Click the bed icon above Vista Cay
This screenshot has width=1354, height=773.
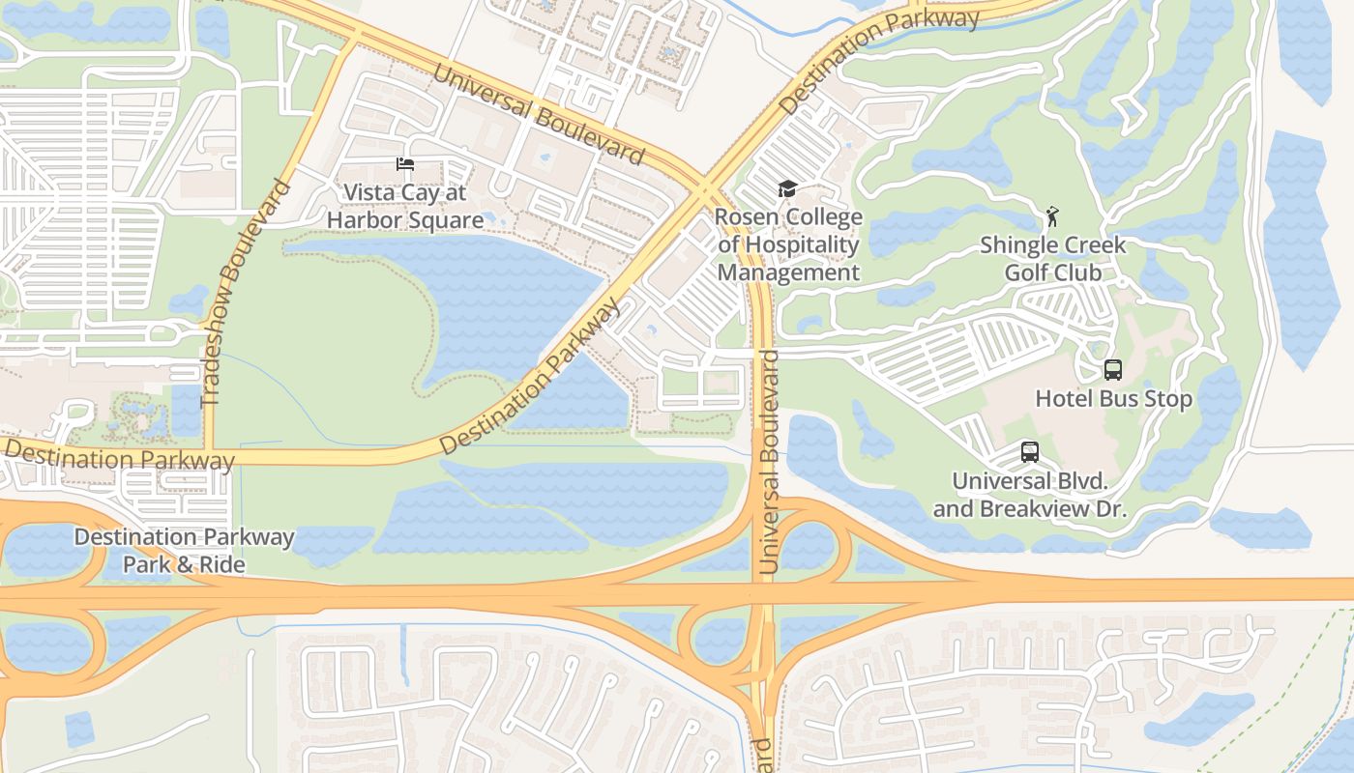[404, 164]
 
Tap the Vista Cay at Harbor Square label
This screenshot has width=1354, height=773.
[404, 207]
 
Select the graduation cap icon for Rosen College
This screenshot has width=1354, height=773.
[787, 188]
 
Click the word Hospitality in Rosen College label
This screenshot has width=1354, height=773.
[788, 245]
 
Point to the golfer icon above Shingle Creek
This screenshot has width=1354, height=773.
[1052, 216]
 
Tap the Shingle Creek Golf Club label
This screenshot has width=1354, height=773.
[1052, 259]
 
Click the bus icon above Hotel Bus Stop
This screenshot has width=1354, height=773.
[1113, 369]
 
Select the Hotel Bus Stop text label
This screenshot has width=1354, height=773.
[1113, 399]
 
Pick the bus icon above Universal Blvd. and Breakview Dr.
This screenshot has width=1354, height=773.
[1030, 451]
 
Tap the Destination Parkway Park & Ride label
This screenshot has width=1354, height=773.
[184, 551]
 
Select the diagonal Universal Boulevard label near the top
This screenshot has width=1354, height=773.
[538, 113]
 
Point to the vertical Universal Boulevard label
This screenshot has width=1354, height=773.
[770, 464]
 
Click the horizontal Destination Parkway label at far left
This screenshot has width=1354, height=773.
[118, 456]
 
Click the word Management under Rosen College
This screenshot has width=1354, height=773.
[788, 273]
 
